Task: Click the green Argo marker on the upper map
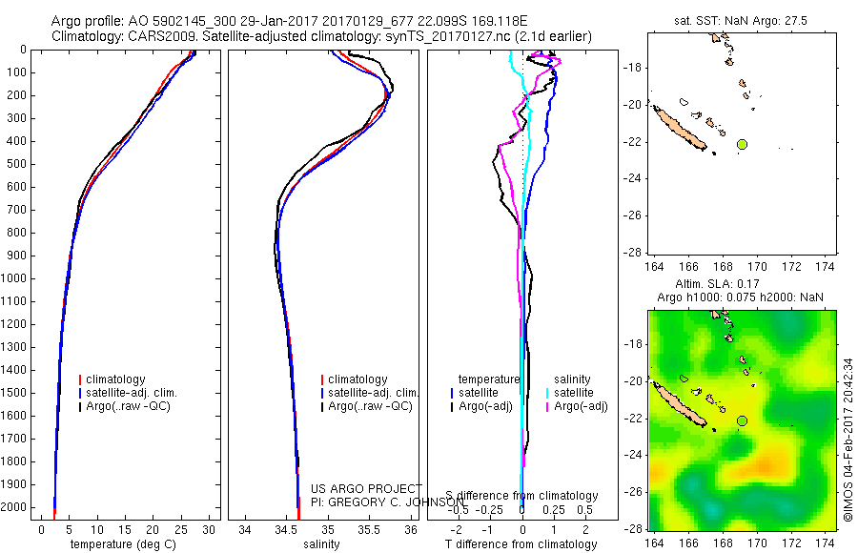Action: coord(742,144)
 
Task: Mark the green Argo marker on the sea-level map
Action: coord(742,420)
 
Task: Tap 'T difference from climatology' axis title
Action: coord(522,544)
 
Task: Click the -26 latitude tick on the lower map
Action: coord(633,492)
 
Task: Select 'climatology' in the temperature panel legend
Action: coord(120,379)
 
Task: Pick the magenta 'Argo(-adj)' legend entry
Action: coord(581,406)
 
